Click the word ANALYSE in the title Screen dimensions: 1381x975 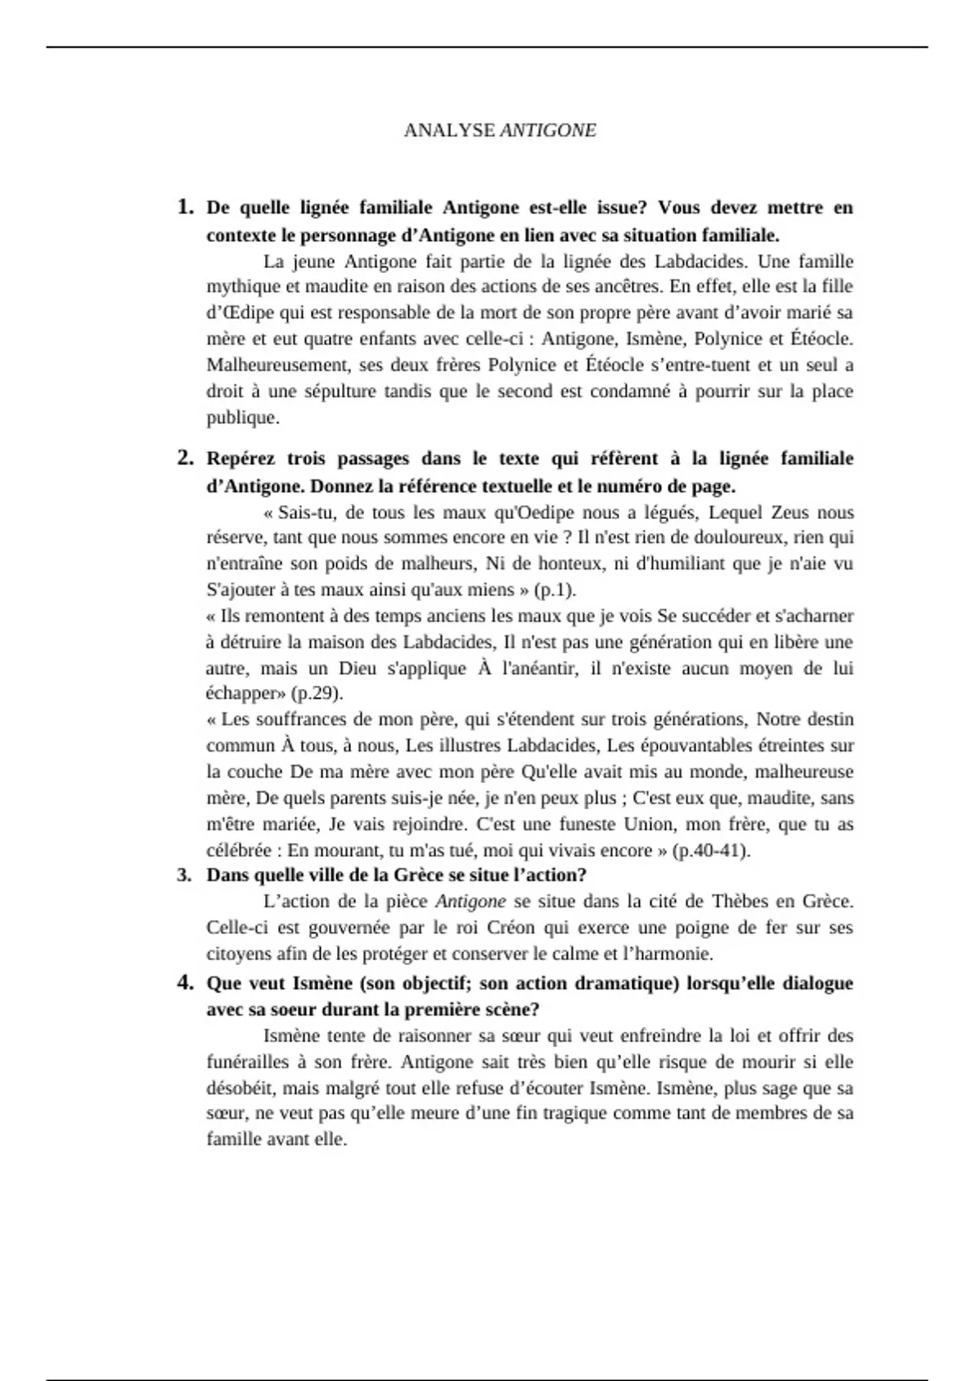coord(449,131)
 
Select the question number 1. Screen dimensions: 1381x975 coord(185,207)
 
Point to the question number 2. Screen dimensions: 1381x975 coord(185,458)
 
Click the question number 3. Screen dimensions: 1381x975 coord(185,875)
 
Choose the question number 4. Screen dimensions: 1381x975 coord(185,983)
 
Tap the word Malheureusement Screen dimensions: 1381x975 coord(278,365)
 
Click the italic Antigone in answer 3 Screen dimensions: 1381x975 coord(470,902)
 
